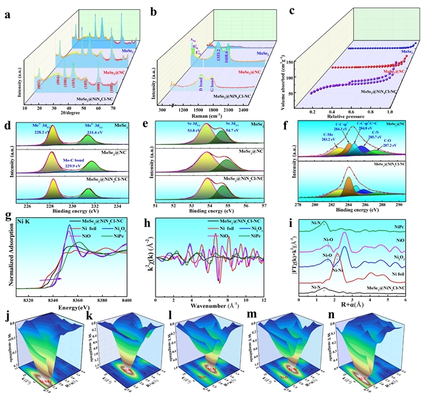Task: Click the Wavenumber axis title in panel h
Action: click(x=209, y=307)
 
